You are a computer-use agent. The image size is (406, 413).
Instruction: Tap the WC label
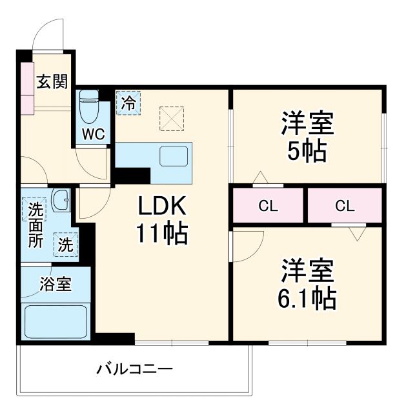tap(90, 134)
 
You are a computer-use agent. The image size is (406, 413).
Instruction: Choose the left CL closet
tap(268, 206)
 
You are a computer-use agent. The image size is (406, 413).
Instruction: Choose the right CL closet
tap(345, 206)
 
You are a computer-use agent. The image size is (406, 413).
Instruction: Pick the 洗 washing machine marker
tap(65, 245)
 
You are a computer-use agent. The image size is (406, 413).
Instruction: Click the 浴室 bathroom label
tap(56, 282)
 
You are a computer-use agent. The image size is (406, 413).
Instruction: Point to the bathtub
tap(56, 321)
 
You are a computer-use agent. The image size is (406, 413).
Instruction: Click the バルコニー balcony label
tap(135, 370)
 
